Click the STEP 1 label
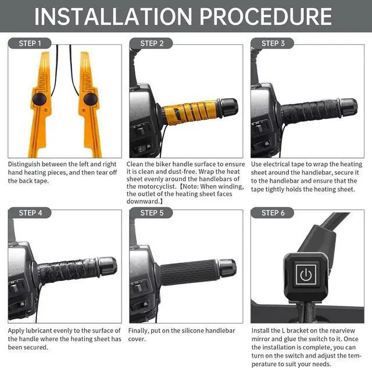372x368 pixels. coord(30,44)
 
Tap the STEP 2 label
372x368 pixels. coord(152,44)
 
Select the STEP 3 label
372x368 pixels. coord(273,44)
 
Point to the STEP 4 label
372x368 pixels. coord(30,213)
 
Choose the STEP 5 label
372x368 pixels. coord(152,213)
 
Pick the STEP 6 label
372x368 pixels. coord(273,213)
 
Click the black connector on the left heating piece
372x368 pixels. coord(39,100)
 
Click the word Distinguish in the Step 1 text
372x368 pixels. coord(26,164)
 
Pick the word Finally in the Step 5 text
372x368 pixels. coord(140,330)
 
